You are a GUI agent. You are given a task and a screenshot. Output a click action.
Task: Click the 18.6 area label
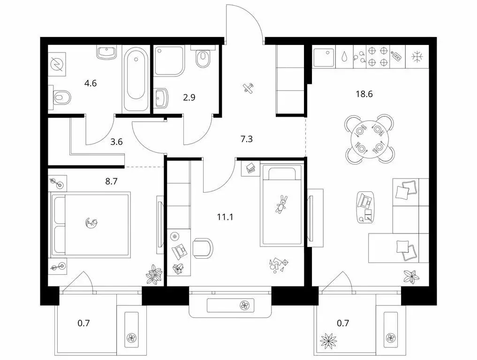pyautogui.click(x=364, y=93)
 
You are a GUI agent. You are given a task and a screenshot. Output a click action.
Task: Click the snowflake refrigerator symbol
pyautogui.click(x=416, y=57)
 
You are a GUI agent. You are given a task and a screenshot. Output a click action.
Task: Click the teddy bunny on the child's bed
pyautogui.click(x=281, y=204)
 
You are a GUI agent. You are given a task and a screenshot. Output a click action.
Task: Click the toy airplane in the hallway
pyautogui.click(x=249, y=88)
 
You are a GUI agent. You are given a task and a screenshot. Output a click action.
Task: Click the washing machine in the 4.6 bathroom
pyautogui.click(x=59, y=63)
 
